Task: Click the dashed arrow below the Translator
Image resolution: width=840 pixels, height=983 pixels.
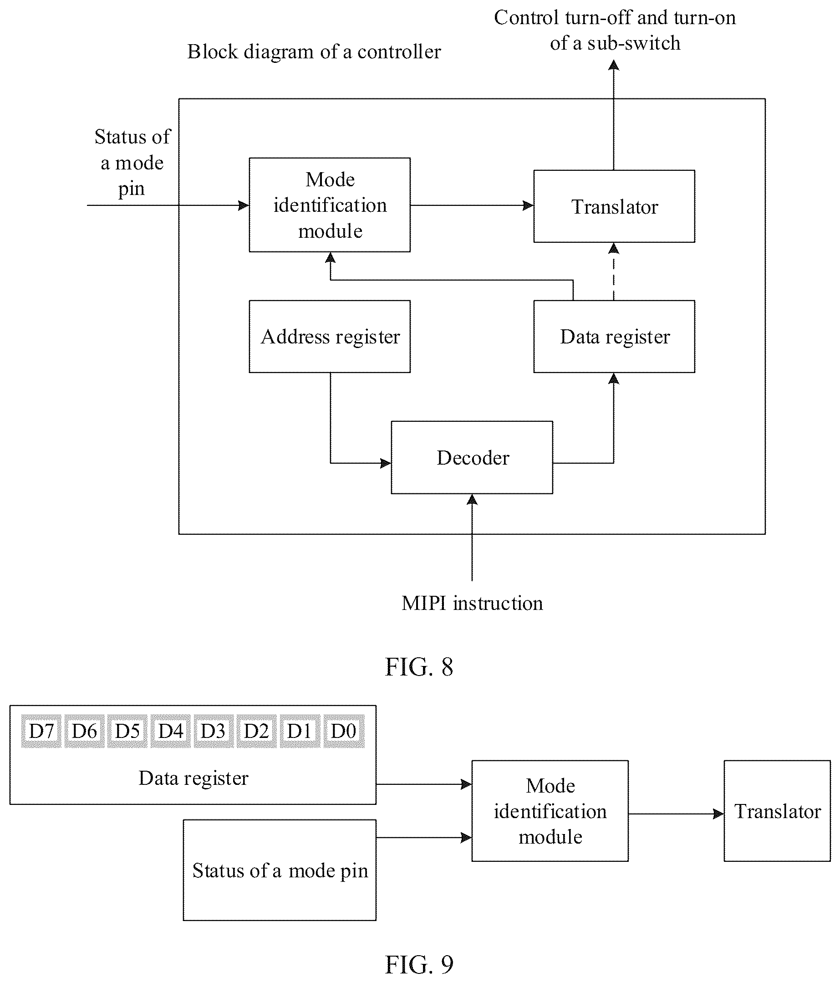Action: (614, 271)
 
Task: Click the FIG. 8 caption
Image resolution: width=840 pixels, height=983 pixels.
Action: (419, 666)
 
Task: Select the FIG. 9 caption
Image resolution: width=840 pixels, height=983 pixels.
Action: (419, 964)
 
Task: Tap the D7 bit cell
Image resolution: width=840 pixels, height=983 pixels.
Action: (41, 731)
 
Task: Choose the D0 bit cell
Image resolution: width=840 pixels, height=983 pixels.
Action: (344, 731)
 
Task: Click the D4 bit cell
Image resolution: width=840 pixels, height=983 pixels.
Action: (170, 731)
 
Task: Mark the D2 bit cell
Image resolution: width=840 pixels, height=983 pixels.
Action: (257, 731)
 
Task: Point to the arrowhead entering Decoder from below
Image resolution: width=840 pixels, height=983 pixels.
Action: (472, 499)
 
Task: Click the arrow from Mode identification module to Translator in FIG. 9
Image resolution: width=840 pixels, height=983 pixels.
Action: (677, 814)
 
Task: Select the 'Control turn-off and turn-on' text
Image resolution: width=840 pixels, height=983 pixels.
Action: (615, 18)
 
